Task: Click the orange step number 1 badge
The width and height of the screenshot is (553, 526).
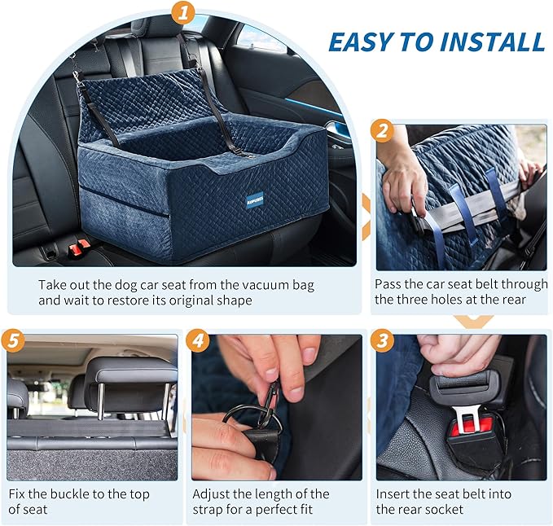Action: coord(185,12)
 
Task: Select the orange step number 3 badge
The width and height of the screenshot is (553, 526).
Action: coord(381,340)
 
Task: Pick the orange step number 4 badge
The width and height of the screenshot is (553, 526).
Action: coord(198,340)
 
